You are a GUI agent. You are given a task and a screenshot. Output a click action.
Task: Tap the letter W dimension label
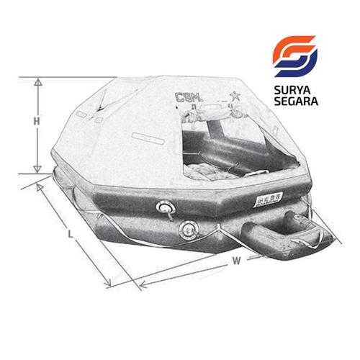coord(235,262)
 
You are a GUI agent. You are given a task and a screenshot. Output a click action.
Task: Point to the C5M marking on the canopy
coord(189,97)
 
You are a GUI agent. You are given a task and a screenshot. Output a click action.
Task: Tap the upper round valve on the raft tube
coord(165,209)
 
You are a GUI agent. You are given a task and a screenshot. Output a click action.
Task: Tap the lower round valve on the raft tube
coord(189,230)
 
